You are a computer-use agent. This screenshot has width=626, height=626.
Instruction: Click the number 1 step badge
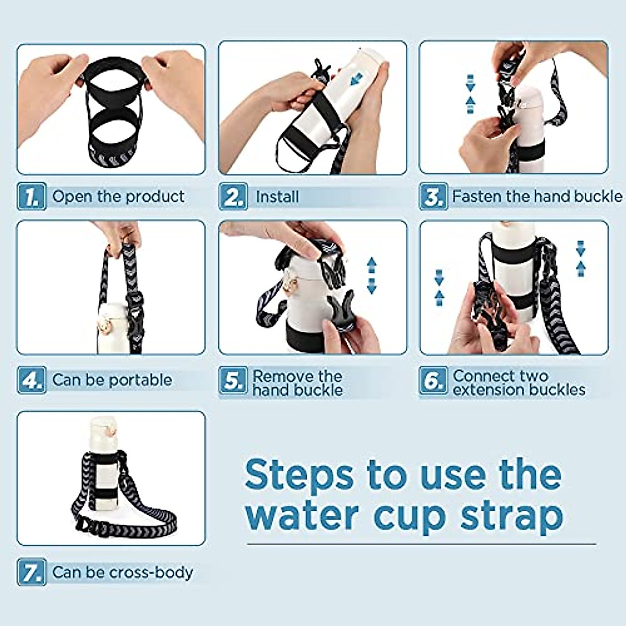coord(32,196)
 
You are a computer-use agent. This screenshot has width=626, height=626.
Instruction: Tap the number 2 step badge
coord(233,196)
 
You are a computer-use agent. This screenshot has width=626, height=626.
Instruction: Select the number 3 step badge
coord(434,196)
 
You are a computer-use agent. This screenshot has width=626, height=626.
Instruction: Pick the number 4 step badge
coord(32,380)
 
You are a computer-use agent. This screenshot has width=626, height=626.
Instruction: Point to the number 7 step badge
coord(32,572)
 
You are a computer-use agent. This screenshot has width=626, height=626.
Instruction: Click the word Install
coord(277,197)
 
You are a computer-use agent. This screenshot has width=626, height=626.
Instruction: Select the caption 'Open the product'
coord(118,197)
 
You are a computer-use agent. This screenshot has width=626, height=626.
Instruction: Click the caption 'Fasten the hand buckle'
coord(537,197)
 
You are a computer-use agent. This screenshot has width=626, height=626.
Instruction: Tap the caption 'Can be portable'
coord(112,380)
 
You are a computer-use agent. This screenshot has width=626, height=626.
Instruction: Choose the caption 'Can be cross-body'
coord(123,572)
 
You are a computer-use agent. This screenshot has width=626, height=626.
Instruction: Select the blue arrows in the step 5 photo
coord(371,275)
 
